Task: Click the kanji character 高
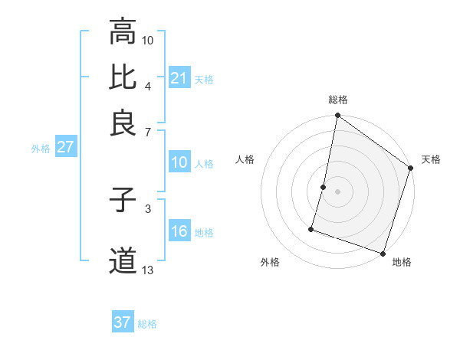pos(123,32)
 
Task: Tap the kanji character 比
pos(123,77)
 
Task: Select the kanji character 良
pos(123,122)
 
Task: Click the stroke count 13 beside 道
pos(148,269)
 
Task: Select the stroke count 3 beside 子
pos(148,208)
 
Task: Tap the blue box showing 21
pos(179,77)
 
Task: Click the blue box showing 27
pos(65,147)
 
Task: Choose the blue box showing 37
pos(123,322)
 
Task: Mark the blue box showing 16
pos(179,231)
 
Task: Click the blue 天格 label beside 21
pos(204,79)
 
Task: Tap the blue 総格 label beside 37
pos(147,324)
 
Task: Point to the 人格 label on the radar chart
pos(246,159)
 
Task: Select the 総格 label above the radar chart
pos(338,100)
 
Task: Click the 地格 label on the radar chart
pos(402,262)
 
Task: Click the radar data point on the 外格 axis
pos(312,228)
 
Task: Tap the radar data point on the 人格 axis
pos(324,187)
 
